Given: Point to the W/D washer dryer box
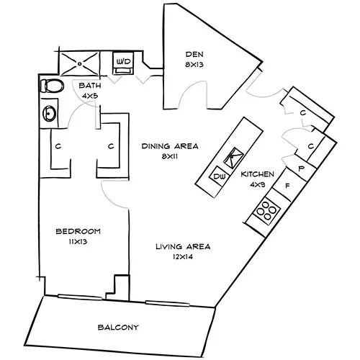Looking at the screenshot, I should [x=123, y=62].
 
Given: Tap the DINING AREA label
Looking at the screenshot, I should [x=169, y=146].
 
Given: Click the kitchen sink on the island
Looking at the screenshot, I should [x=234, y=156].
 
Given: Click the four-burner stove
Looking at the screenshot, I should [x=268, y=210].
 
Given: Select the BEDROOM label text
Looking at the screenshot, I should [x=78, y=232].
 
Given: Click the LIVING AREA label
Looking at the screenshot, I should [x=183, y=247].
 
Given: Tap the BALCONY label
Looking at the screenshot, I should [x=118, y=328].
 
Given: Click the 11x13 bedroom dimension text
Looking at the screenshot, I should [x=78, y=242].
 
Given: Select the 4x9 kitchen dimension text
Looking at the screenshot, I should [x=257, y=184].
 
